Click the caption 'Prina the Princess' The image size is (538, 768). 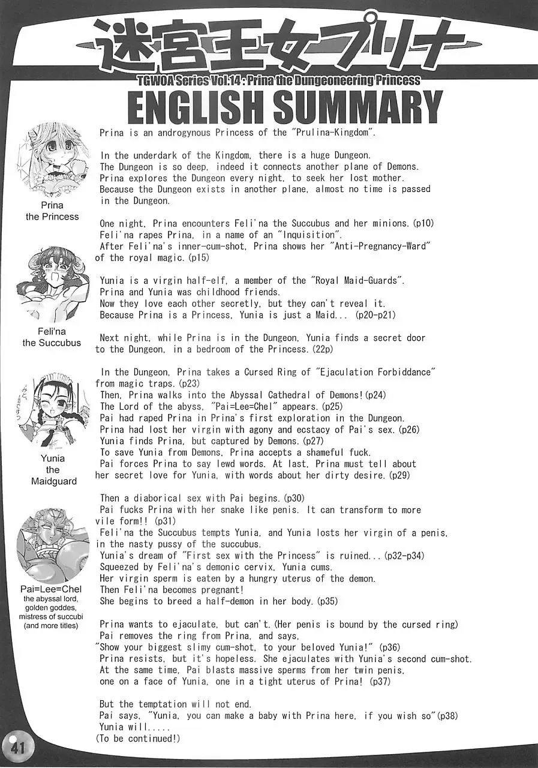click(x=52, y=211)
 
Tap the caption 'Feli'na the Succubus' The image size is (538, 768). click(x=52, y=337)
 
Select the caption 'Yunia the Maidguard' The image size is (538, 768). click(x=53, y=470)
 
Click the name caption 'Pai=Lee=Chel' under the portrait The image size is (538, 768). click(x=51, y=590)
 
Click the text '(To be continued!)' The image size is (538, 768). click(x=137, y=739)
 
